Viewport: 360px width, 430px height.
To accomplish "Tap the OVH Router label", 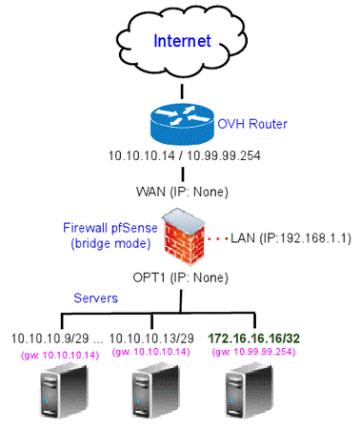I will [x=251, y=125].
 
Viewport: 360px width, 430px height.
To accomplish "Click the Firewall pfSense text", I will [x=110, y=229].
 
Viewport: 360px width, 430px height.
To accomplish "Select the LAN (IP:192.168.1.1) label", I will [x=286, y=235].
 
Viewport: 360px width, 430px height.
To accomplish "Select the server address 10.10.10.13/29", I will [x=150, y=338].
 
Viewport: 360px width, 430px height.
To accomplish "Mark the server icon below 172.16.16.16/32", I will [x=250, y=395].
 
